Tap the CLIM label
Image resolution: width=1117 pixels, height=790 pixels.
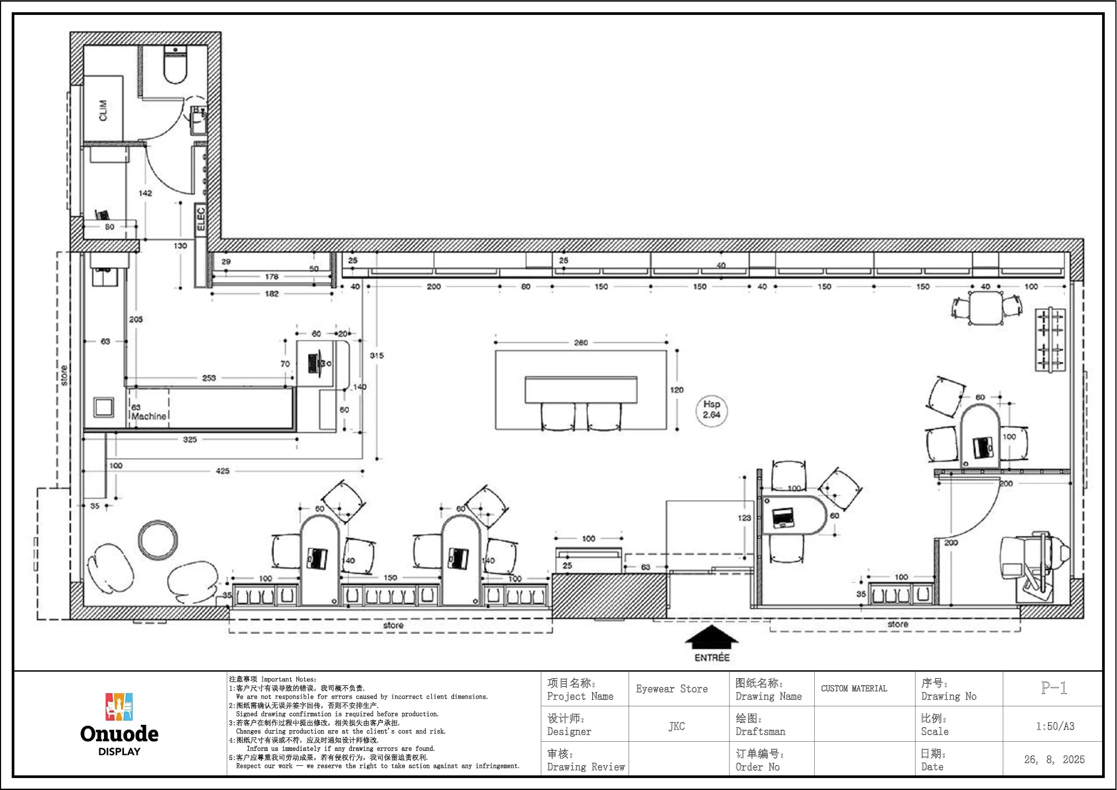[103, 110]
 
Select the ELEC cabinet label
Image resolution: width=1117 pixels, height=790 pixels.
[201, 219]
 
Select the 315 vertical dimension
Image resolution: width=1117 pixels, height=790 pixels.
[377, 356]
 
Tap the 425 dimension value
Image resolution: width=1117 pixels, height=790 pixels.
[223, 471]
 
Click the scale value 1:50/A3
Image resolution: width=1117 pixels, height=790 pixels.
[1055, 726]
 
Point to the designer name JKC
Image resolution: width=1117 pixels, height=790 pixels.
[676, 726]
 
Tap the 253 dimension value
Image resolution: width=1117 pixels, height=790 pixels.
[209, 378]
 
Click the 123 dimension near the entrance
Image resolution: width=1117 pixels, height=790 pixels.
[744, 518]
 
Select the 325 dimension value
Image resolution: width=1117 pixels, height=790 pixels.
[190, 440]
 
